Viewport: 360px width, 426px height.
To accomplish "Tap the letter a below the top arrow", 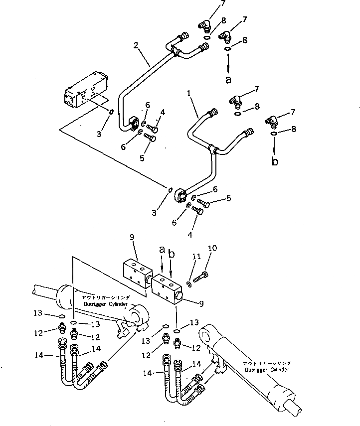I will point(228,79).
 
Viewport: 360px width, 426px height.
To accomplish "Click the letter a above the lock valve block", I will point(162,249).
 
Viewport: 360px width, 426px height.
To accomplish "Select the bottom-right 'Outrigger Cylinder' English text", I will point(263,370).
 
